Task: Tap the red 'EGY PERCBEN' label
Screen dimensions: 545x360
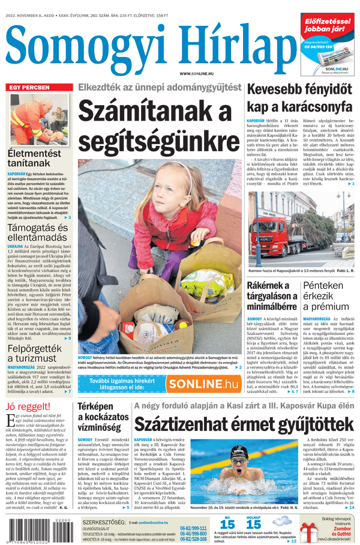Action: click(x=29, y=88)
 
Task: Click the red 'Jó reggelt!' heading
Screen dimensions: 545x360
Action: click(x=28, y=407)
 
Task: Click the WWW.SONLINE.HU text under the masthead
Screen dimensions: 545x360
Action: click(x=193, y=73)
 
